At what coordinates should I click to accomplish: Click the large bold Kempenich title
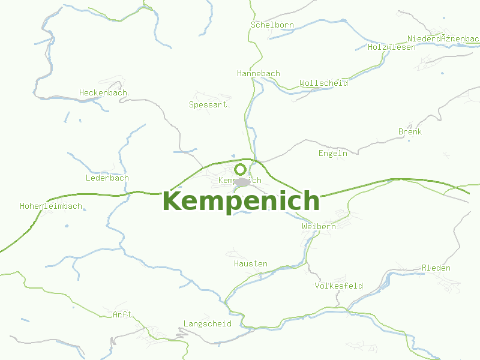(x=241, y=201)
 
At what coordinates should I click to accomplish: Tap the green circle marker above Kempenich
(x=241, y=169)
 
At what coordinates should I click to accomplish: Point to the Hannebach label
(x=259, y=73)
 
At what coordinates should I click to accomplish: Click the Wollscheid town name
(x=323, y=83)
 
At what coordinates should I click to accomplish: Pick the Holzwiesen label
(x=391, y=47)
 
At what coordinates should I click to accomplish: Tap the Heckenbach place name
(x=103, y=92)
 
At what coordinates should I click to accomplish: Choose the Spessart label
(x=208, y=104)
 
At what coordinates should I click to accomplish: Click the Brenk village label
(x=410, y=131)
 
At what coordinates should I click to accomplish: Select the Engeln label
(x=332, y=153)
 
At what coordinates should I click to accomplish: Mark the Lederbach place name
(x=107, y=178)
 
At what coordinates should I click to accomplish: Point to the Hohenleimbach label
(x=50, y=206)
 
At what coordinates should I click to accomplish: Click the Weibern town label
(x=319, y=226)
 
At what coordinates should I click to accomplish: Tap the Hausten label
(x=250, y=263)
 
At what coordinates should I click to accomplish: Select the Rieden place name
(x=436, y=268)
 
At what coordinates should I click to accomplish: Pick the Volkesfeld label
(x=338, y=286)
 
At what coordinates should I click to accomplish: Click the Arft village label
(x=122, y=314)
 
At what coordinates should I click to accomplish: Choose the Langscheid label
(x=207, y=323)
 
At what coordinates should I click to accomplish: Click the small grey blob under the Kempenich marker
(x=242, y=182)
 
